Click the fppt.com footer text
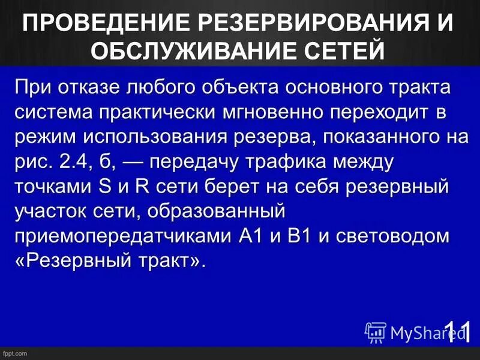14,354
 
